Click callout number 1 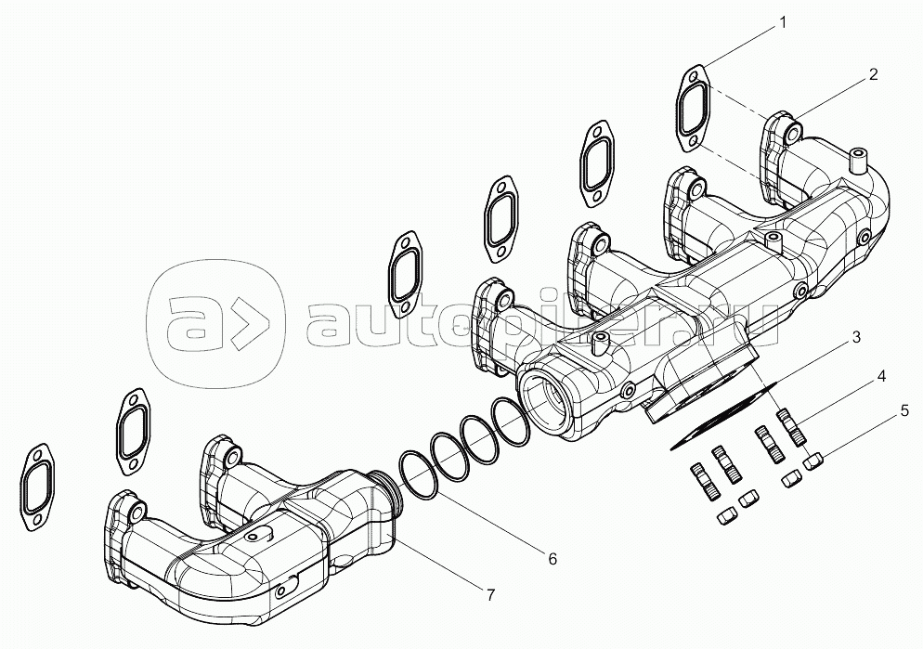click(782, 20)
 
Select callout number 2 click(873, 75)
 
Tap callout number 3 click(857, 337)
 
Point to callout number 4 click(880, 376)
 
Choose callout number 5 click(903, 409)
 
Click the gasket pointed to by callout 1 click(694, 109)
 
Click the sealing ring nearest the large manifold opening click(510, 422)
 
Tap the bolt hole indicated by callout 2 click(792, 133)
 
